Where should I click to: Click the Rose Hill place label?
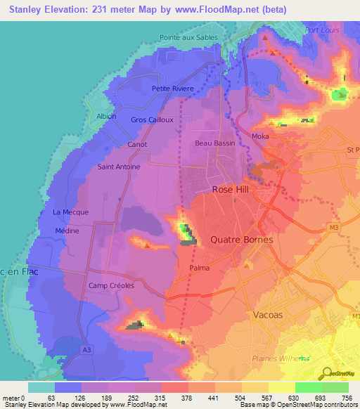[232, 190]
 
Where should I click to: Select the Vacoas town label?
[266, 315]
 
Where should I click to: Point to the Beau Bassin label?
[214, 142]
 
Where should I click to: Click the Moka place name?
[261, 136]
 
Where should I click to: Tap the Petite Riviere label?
[171, 89]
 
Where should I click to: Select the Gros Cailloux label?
[152, 119]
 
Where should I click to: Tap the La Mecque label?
[68, 212]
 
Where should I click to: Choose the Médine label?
[67, 231]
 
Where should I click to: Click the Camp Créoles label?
[111, 286]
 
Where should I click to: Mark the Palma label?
[200, 268]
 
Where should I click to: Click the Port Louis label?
[322, 30]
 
